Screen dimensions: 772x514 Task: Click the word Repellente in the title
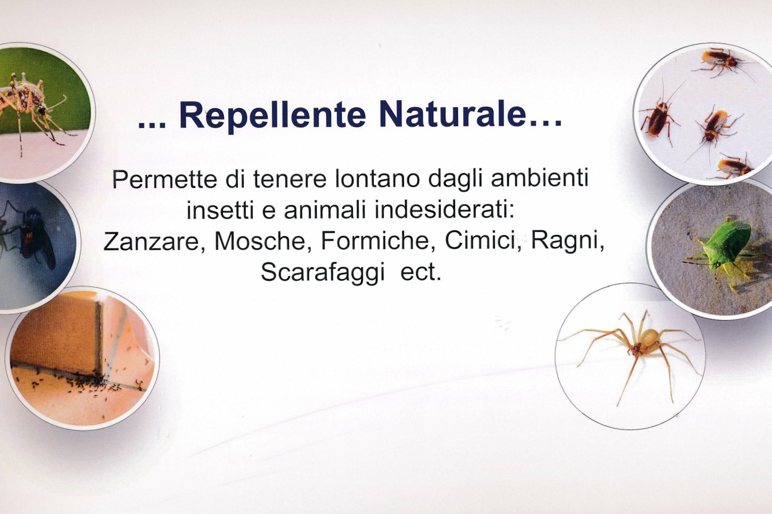pos(273,116)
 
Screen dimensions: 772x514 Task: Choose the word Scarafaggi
pos(322,273)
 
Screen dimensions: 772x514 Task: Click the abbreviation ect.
pos(421,273)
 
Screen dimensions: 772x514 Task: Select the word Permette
pos(164,179)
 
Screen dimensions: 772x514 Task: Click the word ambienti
pos(540,178)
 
